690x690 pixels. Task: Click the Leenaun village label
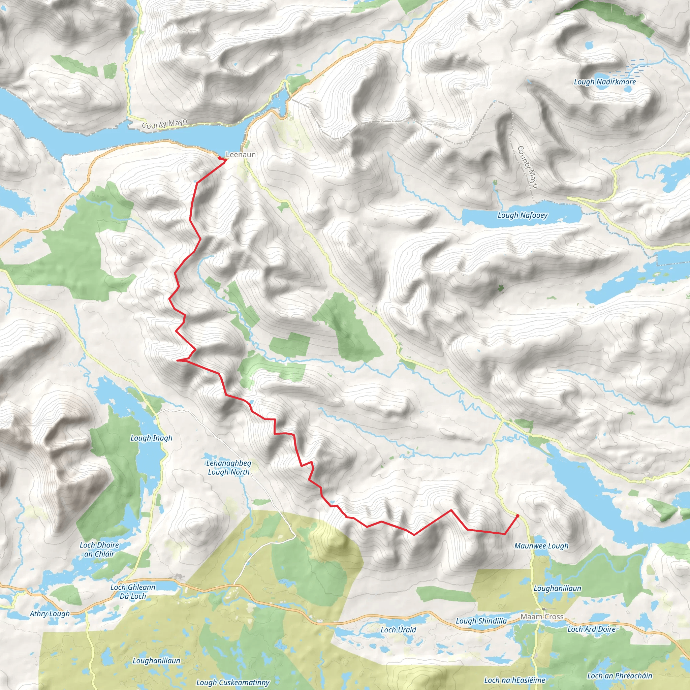[x=241, y=155]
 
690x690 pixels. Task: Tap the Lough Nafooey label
[x=522, y=215]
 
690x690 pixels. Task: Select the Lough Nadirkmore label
[x=605, y=82]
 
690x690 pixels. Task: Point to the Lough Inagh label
[x=151, y=438]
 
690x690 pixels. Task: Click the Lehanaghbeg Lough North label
[x=228, y=468]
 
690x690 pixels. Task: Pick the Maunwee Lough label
[x=541, y=546]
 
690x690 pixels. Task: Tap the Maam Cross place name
[x=542, y=617]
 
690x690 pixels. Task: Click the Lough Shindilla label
[x=481, y=621]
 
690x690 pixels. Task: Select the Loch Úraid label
[x=398, y=630]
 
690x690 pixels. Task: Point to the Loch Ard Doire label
[x=591, y=629]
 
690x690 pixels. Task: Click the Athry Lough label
[x=50, y=614]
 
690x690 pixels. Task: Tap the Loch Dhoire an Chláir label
[x=99, y=550]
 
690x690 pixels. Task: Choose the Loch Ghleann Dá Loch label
[x=133, y=591]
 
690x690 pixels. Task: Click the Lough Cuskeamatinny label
[x=232, y=683]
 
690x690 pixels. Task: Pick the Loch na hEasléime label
[x=515, y=680]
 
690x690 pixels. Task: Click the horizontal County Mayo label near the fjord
[x=164, y=124]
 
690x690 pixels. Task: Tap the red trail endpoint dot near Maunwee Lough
[x=517, y=516]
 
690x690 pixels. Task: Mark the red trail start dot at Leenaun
[x=219, y=157]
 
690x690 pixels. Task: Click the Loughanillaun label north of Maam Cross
[x=557, y=588]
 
